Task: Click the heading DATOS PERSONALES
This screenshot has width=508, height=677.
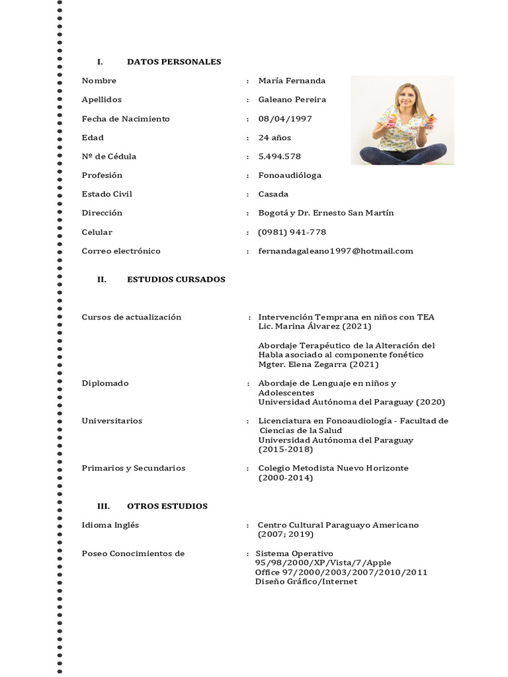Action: (174, 61)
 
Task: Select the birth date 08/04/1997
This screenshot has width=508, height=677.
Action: (284, 119)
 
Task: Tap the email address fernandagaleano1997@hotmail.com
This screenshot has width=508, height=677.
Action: (335, 251)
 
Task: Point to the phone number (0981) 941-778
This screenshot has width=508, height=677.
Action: (292, 232)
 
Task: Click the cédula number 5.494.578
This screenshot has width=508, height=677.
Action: (279, 157)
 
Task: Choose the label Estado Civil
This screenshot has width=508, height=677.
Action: (106, 194)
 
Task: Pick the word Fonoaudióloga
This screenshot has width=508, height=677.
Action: (290, 175)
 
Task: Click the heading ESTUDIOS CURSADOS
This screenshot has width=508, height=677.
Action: (176, 279)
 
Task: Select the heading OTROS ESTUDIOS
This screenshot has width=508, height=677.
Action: (167, 506)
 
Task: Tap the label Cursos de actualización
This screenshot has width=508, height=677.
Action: (131, 317)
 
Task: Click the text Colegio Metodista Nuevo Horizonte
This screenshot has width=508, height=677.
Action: (333, 468)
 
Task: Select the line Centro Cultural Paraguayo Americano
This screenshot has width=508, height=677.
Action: (338, 525)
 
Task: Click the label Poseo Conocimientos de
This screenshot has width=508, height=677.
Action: (133, 553)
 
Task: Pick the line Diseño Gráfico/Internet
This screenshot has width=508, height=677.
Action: (306, 581)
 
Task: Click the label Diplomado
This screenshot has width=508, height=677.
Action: (105, 383)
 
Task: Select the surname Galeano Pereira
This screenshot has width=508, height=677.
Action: (292, 100)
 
